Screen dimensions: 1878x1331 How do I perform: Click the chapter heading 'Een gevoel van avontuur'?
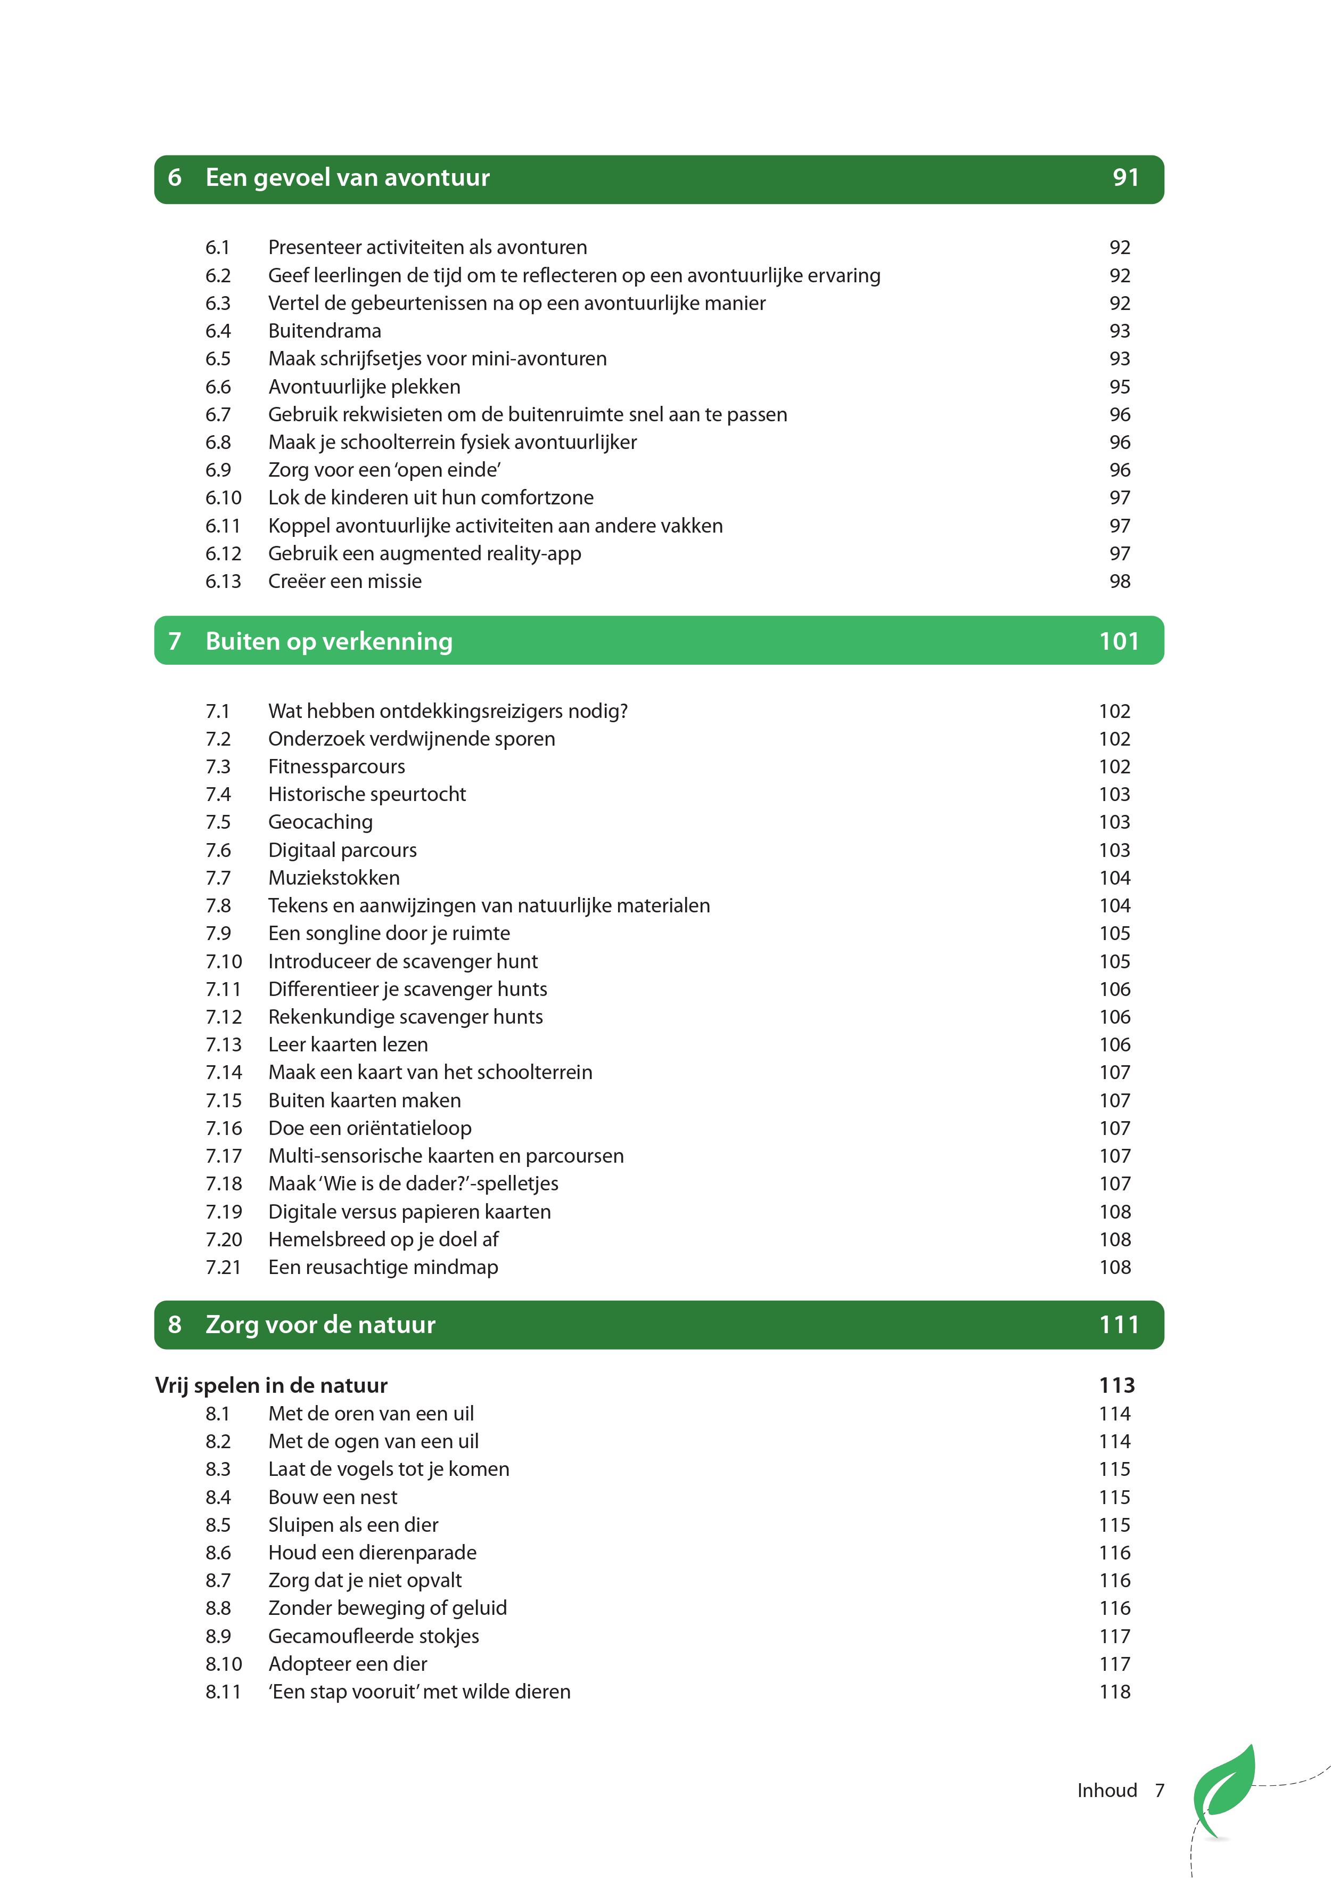348,178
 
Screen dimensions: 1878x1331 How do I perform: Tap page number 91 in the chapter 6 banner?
1125,178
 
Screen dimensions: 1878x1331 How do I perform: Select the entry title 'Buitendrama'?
325,331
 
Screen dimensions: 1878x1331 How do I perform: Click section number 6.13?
223,581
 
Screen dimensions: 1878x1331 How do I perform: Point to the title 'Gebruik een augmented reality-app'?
424,553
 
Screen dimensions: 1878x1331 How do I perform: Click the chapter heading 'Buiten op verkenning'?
328,641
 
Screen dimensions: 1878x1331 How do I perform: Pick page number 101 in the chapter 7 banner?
1119,641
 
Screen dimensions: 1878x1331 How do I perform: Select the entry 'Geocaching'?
321,822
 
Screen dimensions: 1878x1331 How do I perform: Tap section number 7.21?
224,1267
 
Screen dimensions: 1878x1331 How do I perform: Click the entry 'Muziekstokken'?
334,878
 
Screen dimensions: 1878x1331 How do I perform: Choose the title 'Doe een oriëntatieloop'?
369,1128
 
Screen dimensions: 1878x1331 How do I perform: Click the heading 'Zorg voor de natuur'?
321,1325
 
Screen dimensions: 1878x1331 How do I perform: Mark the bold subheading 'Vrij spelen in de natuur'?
272,1385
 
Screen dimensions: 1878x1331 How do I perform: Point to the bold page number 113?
1116,1385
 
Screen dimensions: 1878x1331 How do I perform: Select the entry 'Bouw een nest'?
333,1497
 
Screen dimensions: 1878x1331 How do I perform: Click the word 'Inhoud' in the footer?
1106,1790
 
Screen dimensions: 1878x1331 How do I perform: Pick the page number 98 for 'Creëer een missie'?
1120,581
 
